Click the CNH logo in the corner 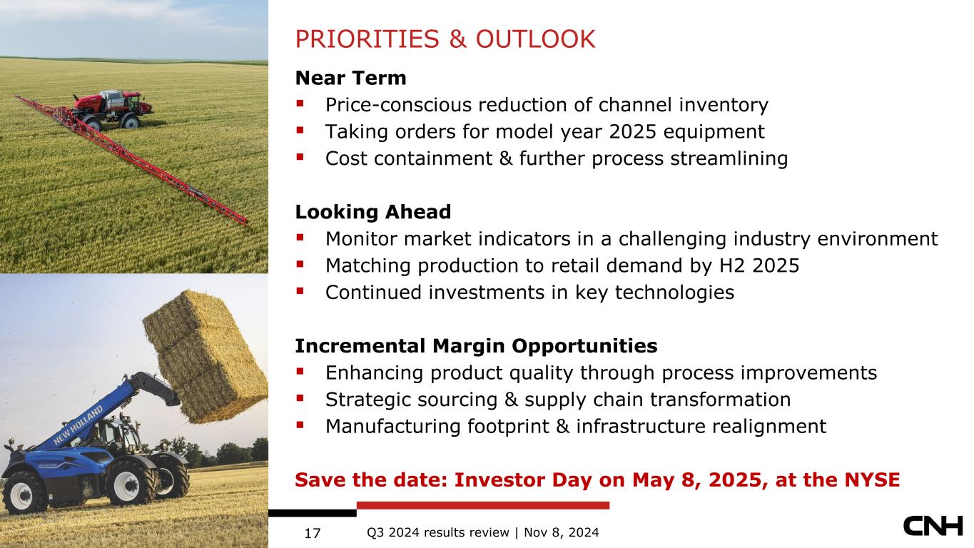click(x=933, y=526)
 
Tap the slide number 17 click(x=313, y=533)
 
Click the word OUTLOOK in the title click(x=535, y=39)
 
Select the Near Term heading click(x=350, y=78)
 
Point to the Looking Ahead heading click(x=373, y=212)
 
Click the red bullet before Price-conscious click(x=300, y=103)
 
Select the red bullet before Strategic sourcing click(x=300, y=398)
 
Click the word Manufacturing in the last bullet click(x=393, y=427)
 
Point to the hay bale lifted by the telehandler click(x=206, y=357)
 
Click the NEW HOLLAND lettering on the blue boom click(x=78, y=425)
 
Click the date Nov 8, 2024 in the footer click(x=562, y=533)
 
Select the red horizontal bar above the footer click(x=483, y=505)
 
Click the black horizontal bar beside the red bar click(x=313, y=513)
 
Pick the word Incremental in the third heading click(x=360, y=346)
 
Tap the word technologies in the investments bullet click(x=674, y=293)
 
